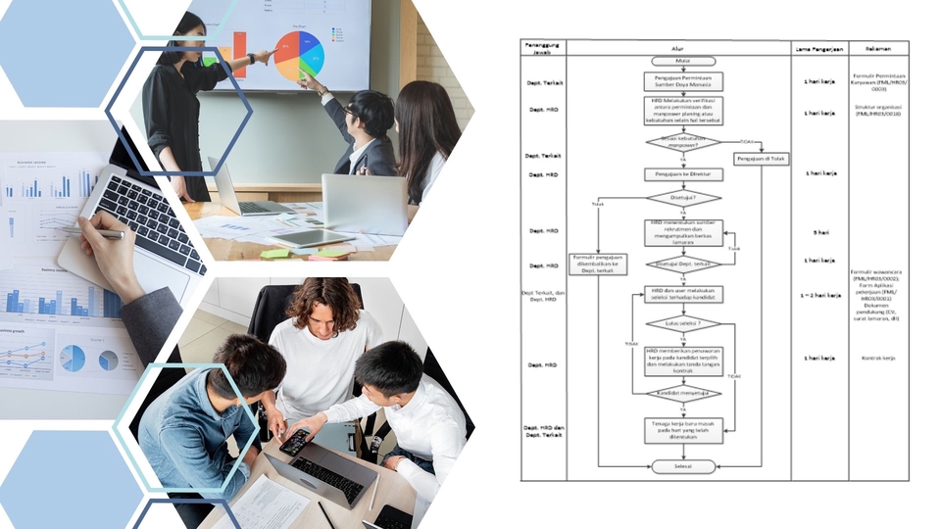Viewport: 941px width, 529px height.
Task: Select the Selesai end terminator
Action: [682, 466]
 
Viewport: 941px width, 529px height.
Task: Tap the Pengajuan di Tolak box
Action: [761, 159]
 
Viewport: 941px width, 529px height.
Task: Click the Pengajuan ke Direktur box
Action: [682, 174]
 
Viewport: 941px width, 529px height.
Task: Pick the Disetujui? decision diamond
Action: [682, 198]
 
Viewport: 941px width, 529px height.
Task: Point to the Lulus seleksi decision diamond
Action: [682, 322]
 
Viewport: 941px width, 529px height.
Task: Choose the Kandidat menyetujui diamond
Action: [682, 394]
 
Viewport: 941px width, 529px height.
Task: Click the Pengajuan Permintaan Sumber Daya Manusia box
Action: [682, 80]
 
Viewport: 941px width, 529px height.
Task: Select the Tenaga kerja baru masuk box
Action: [682, 430]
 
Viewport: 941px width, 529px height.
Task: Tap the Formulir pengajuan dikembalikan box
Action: [598, 264]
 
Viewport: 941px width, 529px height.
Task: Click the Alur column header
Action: [682, 47]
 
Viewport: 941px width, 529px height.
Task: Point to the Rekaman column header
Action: [877, 47]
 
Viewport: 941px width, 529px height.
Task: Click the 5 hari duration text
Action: [819, 232]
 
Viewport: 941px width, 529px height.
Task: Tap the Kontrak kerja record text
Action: [877, 359]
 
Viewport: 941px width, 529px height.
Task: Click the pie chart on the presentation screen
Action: [298, 55]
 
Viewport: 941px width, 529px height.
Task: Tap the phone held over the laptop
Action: [294, 442]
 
